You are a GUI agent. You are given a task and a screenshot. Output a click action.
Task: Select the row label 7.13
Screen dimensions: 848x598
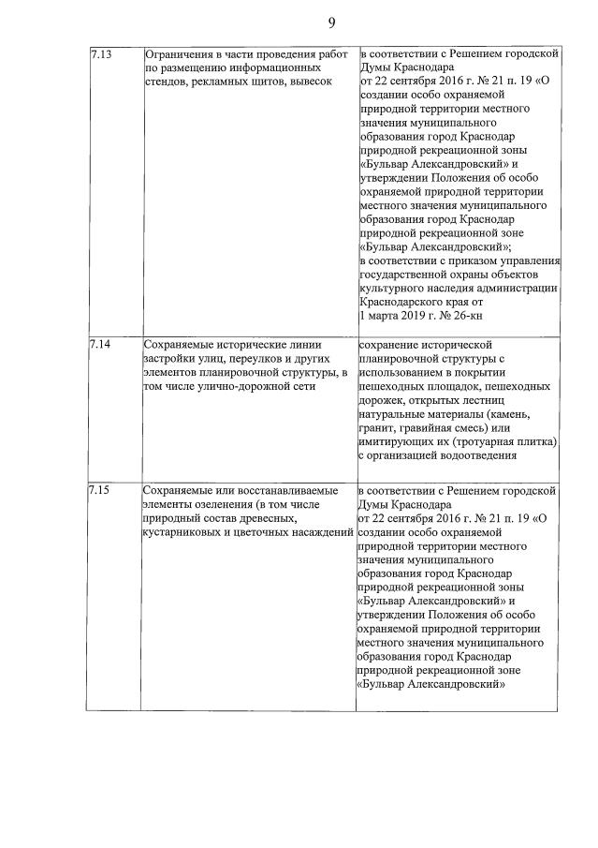100,55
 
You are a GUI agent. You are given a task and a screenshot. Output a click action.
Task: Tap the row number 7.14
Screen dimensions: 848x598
100,344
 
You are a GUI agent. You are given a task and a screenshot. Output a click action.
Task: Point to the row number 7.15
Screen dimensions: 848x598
100,489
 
